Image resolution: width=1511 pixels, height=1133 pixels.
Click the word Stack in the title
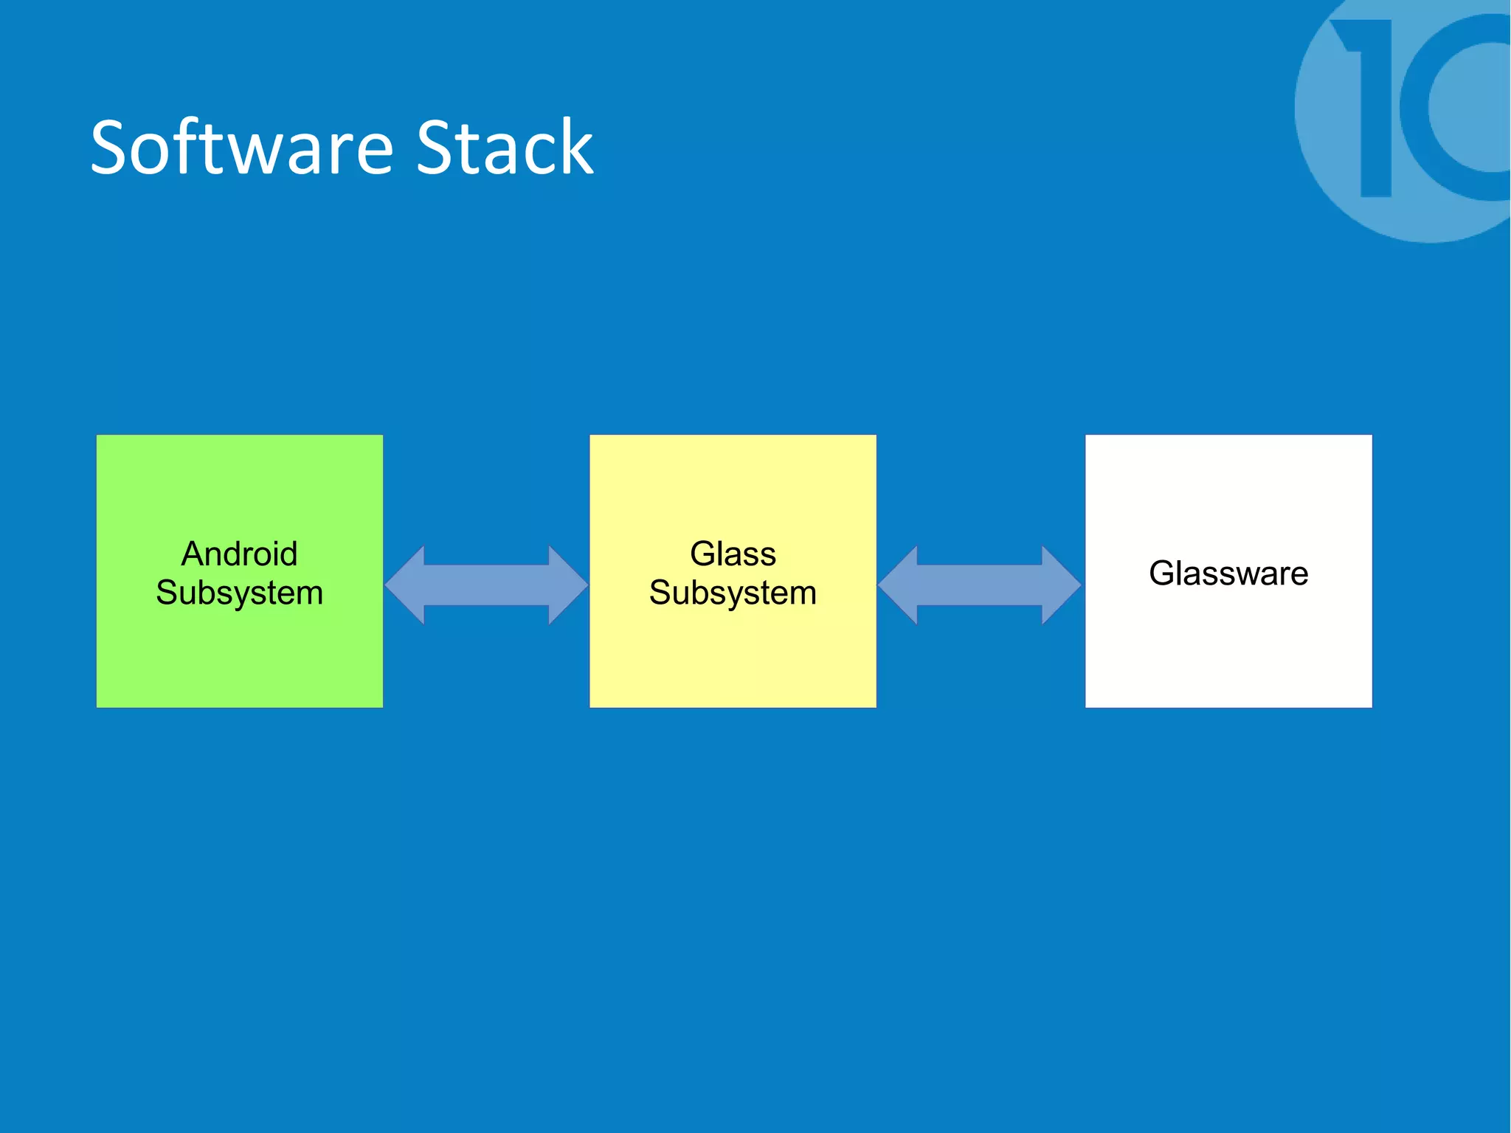click(504, 148)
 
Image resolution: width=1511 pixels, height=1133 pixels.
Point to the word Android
click(240, 554)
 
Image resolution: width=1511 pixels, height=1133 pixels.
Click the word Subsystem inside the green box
click(240, 593)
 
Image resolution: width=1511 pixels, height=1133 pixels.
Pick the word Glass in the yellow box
click(733, 554)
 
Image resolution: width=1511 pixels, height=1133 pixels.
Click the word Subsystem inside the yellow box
click(733, 593)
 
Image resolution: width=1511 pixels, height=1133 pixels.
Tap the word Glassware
click(1228, 574)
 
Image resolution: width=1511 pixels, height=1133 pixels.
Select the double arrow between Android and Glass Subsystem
click(486, 585)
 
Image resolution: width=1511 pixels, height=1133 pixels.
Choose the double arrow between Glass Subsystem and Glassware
click(979, 585)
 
